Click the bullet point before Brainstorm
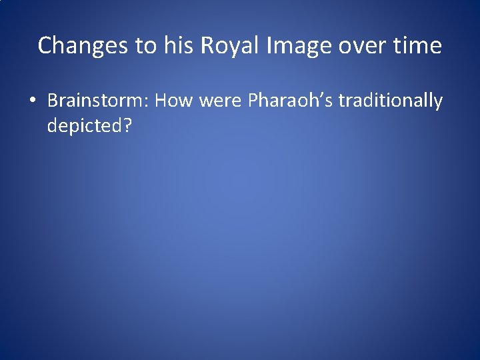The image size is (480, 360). [x=32, y=102]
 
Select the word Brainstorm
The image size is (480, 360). [x=97, y=101]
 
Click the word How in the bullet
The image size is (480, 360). [x=176, y=101]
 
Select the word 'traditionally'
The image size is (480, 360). [x=391, y=101]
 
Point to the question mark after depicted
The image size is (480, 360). [x=127, y=125]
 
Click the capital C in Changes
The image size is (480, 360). [x=45, y=46]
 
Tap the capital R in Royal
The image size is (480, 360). [x=207, y=46]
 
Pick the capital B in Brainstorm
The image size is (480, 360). [x=52, y=101]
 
